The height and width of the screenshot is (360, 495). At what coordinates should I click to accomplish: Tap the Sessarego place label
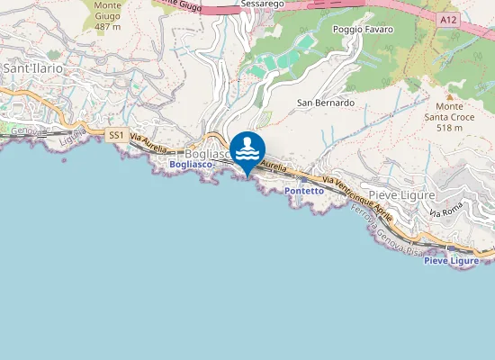pos(262,4)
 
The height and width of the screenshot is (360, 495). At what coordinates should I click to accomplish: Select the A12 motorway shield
pos(450,17)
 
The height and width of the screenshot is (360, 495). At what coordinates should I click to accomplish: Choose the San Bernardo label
pos(326,103)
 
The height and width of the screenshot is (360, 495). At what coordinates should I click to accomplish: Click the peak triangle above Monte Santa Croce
pos(450,95)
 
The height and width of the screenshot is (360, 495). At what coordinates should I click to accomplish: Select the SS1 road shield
pos(115,135)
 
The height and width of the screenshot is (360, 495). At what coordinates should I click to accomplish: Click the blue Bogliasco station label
pos(189,165)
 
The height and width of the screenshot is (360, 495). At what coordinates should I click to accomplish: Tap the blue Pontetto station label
pos(302,192)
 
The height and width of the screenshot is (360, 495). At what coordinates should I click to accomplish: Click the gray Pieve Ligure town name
pos(402,194)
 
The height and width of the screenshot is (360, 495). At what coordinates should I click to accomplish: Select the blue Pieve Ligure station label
pos(451,261)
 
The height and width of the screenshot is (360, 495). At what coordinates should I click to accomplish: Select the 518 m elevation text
pos(450,128)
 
